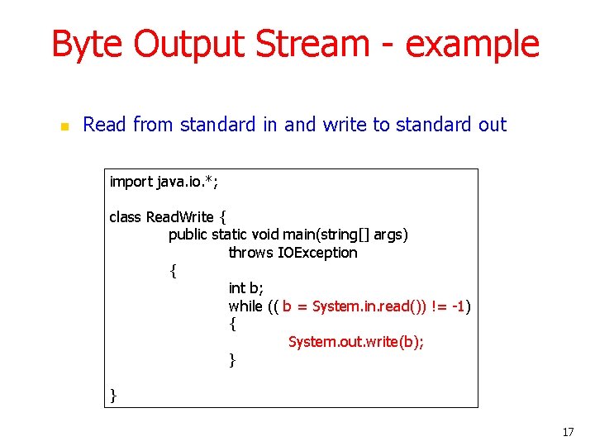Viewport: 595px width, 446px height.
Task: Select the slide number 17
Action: click(567, 432)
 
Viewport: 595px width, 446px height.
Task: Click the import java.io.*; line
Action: click(164, 182)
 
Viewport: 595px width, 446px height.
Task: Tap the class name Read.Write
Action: click(179, 217)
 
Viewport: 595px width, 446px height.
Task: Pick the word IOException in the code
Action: click(318, 253)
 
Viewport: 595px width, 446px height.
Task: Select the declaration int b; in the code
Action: click(245, 288)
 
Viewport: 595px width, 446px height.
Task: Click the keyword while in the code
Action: click(246, 306)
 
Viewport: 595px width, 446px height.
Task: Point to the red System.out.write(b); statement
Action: click(355, 342)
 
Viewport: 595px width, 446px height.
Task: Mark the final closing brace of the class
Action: click(113, 396)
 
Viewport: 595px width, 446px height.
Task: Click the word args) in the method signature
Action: click(391, 235)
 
